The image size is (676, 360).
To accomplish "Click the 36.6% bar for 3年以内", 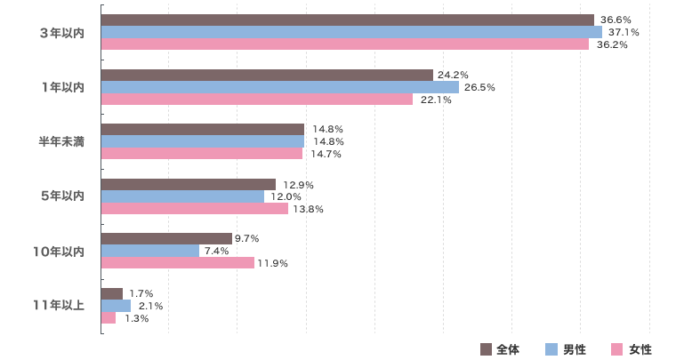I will coord(347,20).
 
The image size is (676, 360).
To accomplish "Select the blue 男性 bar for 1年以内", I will coord(280,87).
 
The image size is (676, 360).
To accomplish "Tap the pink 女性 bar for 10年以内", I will coord(178,263).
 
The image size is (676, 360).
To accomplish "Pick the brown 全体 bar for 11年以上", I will coord(112,293).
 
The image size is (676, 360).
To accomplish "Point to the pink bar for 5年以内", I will coord(195,209).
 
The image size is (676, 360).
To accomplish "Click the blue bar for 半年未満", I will coord(203,141).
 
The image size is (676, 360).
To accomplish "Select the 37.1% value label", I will coord(624,32).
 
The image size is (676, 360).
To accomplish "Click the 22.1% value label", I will coord(436,100).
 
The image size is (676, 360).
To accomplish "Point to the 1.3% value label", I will coord(135,318).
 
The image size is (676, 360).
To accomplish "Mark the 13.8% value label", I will coord(308,209).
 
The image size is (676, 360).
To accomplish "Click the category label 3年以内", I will coord(62,33).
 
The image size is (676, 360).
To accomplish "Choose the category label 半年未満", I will coord(61,141).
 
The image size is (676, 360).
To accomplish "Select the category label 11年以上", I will coord(59,306).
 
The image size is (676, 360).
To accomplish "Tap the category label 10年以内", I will coord(59,252).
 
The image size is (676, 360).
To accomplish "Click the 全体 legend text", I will coord(508,348).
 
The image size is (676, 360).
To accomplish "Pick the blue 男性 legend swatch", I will coord(551,348).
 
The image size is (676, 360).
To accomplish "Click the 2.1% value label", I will coord(150,306).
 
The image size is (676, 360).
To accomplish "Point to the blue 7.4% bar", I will coord(150,251).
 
